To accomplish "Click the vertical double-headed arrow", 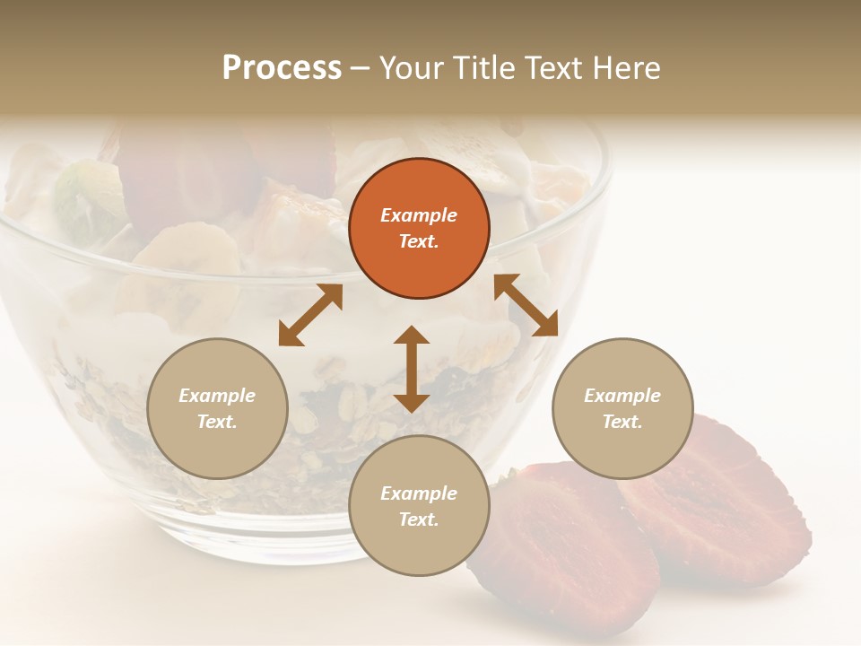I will (x=412, y=369).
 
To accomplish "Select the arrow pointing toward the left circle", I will (x=310, y=315).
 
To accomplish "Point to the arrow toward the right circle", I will (x=526, y=305).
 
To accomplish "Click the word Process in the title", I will (x=282, y=68).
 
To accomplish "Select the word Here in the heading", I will (x=625, y=68).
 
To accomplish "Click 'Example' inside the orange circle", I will (x=419, y=215).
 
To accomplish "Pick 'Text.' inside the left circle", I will (x=217, y=422).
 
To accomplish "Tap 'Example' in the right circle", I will (x=622, y=396).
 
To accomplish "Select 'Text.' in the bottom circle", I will (x=419, y=519).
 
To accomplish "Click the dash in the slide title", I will (x=360, y=68).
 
